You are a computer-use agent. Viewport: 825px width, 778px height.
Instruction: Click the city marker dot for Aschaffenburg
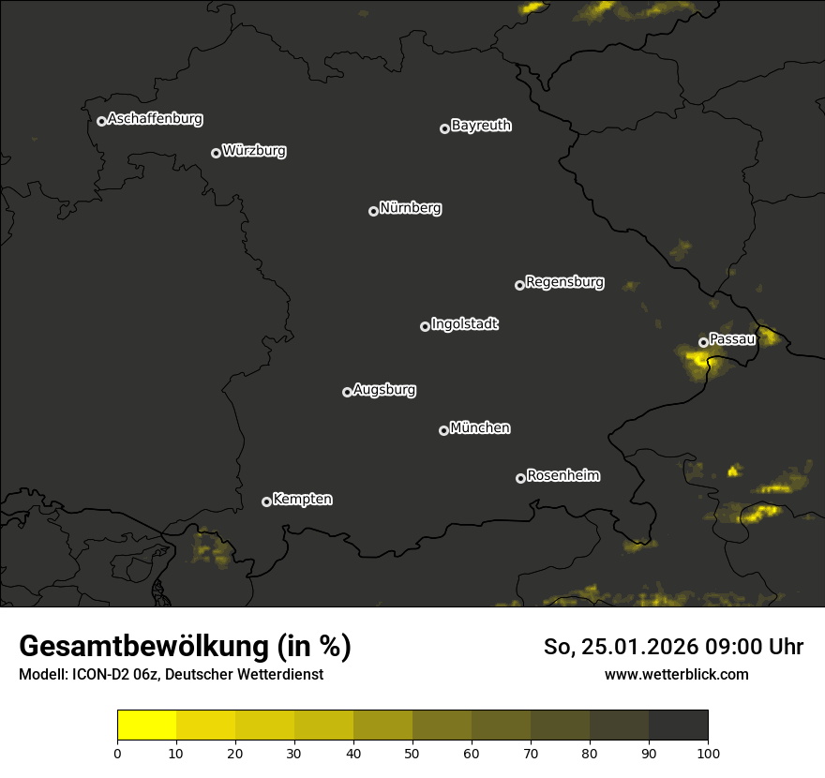point(101,121)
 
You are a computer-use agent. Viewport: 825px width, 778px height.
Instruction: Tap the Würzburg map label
point(254,151)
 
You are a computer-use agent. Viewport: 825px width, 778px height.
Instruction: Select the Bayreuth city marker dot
point(444,128)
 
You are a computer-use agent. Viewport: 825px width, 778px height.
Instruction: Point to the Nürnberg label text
point(411,208)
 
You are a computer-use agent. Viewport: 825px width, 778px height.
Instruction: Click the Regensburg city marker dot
point(519,285)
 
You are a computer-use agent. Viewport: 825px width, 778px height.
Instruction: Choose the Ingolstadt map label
point(465,324)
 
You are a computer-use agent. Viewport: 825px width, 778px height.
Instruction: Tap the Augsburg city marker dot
point(347,392)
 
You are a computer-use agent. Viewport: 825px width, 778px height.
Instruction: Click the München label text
point(480,428)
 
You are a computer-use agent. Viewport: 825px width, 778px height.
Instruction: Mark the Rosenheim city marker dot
point(520,478)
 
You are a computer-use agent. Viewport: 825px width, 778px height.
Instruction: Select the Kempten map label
point(302,500)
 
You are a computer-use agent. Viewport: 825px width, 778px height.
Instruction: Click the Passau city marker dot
point(703,342)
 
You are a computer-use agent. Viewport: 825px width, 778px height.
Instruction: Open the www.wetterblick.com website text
point(677,674)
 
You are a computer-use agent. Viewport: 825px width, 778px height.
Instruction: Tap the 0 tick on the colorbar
point(117,753)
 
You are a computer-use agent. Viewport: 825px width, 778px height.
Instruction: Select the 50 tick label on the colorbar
point(412,753)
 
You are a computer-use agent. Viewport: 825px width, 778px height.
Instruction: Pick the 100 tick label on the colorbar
point(708,753)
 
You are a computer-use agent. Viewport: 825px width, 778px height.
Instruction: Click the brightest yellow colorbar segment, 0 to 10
point(146,726)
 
